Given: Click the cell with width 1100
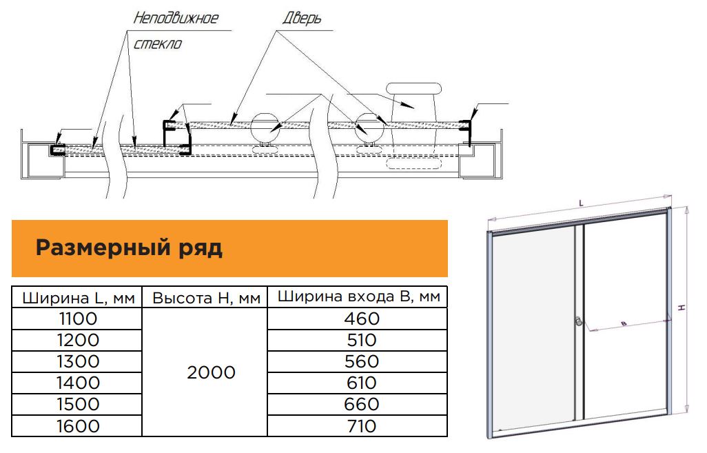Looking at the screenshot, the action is (x=77, y=319).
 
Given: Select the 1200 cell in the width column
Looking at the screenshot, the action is (x=77, y=340).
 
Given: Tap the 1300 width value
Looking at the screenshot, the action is (x=77, y=361).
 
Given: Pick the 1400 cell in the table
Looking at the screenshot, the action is (x=77, y=383).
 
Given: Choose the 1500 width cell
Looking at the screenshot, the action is (x=77, y=404).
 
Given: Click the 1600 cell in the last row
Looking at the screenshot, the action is (x=77, y=426).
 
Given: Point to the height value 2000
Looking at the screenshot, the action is (x=211, y=373).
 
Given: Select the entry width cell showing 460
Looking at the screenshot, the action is (x=362, y=319).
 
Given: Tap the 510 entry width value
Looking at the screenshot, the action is (x=362, y=340).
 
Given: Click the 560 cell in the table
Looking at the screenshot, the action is (x=362, y=361).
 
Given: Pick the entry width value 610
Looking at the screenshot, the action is (x=362, y=383).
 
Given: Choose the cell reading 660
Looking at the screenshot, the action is (x=362, y=404).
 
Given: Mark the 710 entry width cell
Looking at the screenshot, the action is (x=362, y=426).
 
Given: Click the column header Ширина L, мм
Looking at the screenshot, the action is (x=79, y=299).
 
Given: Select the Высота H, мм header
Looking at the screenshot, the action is (x=207, y=299).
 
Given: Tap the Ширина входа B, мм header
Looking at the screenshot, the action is (x=358, y=297).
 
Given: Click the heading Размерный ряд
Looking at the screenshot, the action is (x=129, y=248).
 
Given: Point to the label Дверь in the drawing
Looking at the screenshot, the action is (x=302, y=19).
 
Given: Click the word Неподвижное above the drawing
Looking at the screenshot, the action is (x=176, y=18).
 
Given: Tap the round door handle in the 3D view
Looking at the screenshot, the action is (x=579, y=322).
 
